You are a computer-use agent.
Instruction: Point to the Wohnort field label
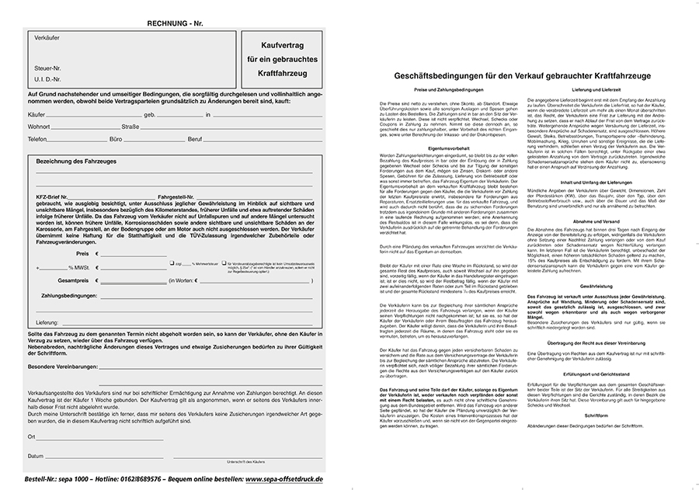(38, 126)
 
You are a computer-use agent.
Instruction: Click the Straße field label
(130, 126)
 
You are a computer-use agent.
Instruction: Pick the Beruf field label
(194, 138)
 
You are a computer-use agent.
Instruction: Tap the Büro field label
(116, 138)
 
